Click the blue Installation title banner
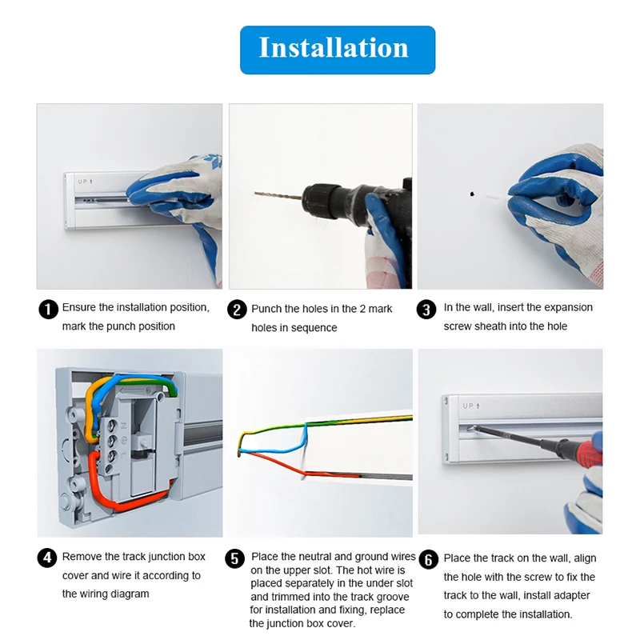coord(338,50)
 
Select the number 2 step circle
coord(237,310)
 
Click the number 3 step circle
coord(427,310)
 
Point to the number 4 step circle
coord(48,558)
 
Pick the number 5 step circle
coord(234,558)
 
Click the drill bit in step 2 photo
coord(277,194)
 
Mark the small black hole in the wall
coord(472,194)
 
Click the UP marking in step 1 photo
coord(86,182)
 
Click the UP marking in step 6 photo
coord(470,406)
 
